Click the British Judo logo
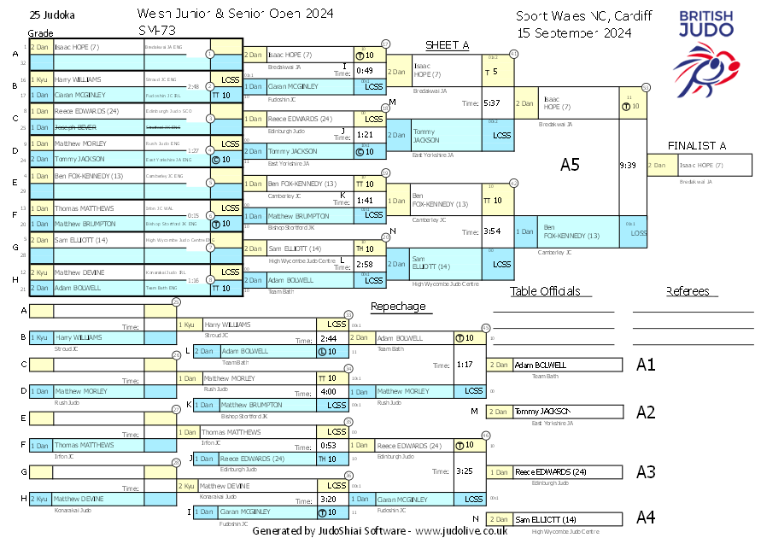705,46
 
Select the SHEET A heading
448,45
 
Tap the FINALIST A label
697,146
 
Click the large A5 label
570,165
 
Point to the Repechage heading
397,307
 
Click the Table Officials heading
545,291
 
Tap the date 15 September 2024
574,32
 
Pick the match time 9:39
629,166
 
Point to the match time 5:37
491,102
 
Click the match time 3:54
491,231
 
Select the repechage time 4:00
326,392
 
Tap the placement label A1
646,365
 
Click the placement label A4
646,517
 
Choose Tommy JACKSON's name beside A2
543,412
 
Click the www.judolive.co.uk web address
461,530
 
